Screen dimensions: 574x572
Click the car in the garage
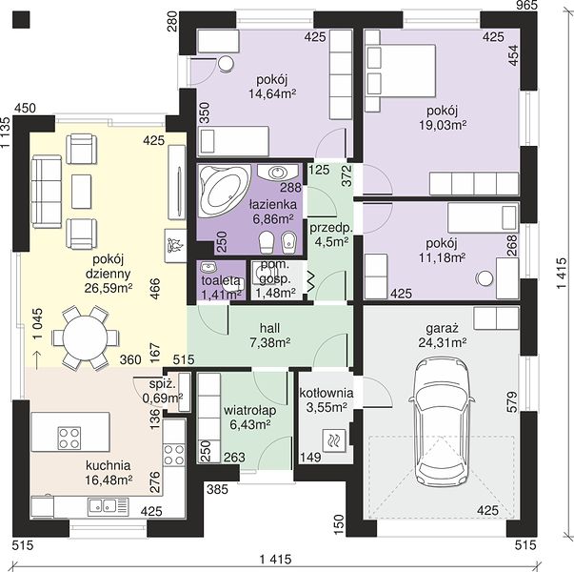442,422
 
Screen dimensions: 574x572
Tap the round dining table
85,337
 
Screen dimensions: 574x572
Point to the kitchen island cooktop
69,438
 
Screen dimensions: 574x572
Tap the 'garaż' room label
442,328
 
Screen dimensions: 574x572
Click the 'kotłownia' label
327,393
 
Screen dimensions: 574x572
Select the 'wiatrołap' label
250,410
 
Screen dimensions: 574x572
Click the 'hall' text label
269,327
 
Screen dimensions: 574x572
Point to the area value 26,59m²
109,288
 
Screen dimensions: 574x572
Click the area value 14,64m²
272,93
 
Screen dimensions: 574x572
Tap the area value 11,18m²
442,257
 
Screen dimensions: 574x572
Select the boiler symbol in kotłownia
334,439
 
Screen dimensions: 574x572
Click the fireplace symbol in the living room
175,245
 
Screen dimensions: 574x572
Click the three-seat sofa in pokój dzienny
46,192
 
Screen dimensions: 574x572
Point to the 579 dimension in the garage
513,402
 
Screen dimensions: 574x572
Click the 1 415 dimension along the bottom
276,560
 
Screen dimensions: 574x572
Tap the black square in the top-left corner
21,19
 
